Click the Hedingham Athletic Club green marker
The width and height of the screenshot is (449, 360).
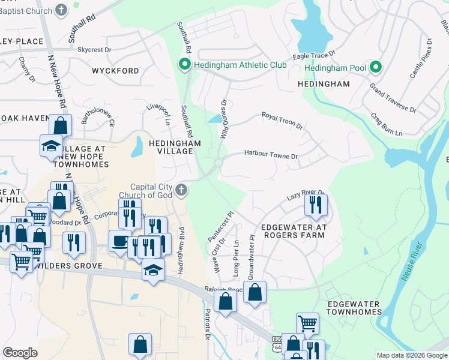click(185, 64)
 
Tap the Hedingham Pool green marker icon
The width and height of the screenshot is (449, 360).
click(376, 68)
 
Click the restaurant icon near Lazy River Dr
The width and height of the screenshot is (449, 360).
click(315, 205)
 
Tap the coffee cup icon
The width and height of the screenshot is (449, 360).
click(120, 241)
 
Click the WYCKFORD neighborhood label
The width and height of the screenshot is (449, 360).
click(115, 71)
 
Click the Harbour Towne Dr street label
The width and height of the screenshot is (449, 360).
click(271, 154)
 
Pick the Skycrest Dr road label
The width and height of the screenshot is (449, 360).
click(94, 50)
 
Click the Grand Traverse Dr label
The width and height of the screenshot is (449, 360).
click(393, 98)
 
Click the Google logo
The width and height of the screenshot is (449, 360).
click(20, 353)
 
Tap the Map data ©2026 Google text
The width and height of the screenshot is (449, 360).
click(411, 355)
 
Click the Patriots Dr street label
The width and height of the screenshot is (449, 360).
click(207, 325)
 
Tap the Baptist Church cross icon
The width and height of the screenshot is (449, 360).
click(61, 10)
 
